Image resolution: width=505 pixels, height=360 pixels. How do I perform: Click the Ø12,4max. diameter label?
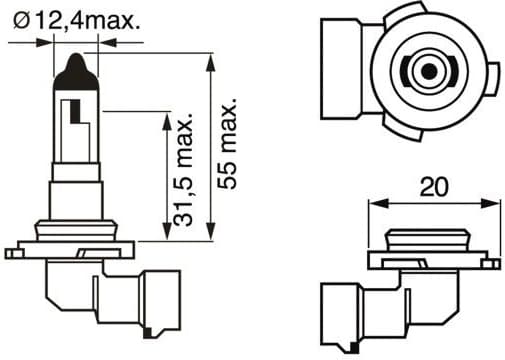click(x=76, y=21)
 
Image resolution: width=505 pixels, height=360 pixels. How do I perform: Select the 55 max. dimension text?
click(x=227, y=144)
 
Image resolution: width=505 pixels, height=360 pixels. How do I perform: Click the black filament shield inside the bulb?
click(x=76, y=111)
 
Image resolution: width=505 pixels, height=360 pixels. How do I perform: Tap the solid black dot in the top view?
click(x=429, y=71)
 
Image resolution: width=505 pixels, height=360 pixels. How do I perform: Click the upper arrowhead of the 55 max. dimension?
click(x=210, y=62)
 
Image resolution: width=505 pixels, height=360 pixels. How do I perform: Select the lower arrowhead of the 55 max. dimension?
click(x=210, y=231)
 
